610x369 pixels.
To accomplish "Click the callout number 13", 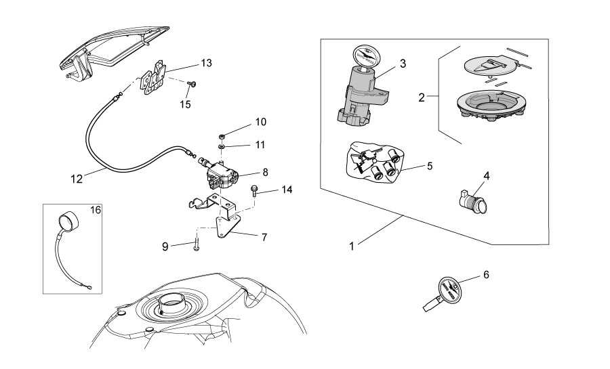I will tap(206, 63).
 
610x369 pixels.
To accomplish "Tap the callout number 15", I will tap(185, 104).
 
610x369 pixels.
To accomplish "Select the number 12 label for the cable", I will tap(77, 179).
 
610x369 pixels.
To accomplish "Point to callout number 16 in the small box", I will tap(96, 211).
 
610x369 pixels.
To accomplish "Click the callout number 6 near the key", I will tap(485, 274).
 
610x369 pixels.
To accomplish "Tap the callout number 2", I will tap(422, 97).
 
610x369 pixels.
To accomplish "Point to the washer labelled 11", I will tap(222, 145).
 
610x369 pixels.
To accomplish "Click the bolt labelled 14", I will tap(254, 191).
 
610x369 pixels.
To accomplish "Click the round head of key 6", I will tap(447, 290).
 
